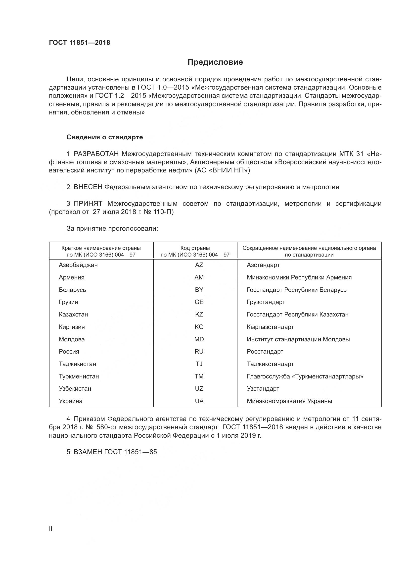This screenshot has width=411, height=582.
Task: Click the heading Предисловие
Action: click(x=215, y=62)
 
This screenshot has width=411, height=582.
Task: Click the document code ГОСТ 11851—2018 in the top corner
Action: click(x=80, y=43)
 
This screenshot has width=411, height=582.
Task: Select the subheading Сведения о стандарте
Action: click(x=105, y=137)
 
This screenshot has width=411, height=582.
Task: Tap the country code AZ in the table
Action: click(x=199, y=265)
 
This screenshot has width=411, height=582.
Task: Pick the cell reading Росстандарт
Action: click(x=265, y=352)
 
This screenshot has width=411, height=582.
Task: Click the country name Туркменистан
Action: click(x=79, y=376)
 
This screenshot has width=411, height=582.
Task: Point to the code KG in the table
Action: click(x=199, y=327)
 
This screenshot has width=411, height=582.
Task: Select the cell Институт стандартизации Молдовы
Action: click(x=298, y=339)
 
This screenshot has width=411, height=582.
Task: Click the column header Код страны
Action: click(x=195, y=248)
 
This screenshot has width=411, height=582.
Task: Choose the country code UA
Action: click(x=199, y=401)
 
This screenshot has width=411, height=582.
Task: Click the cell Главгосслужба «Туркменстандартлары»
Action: click(x=305, y=376)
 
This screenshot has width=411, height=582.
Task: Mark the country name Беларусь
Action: click(x=72, y=290)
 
